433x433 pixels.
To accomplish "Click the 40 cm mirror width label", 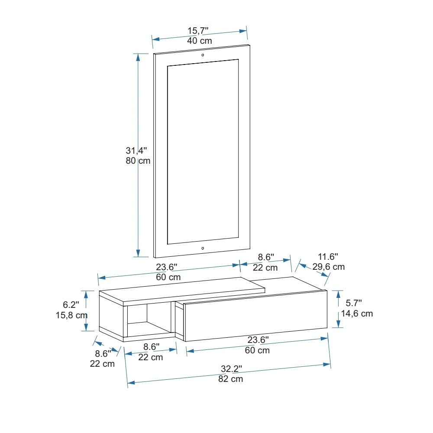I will pos(200,41).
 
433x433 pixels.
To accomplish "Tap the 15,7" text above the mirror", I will pos(198,30).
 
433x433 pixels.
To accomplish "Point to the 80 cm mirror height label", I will pos(138,161).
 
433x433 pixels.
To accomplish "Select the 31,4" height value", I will pos(137,151).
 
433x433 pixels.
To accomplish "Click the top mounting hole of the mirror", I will pos(203,55).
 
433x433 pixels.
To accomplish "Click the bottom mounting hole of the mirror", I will pos(203,248).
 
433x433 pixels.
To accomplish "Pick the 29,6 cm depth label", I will pos(329,267).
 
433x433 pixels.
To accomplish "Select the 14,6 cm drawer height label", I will pos(357,313).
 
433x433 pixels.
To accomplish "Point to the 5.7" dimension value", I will pos(353,303).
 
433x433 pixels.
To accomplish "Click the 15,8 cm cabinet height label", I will pos(72,315).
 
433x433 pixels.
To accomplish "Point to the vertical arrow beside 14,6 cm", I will pos(339,309).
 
